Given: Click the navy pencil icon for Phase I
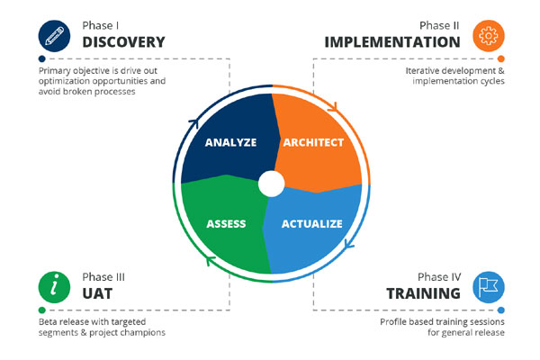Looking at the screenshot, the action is pos(54,36).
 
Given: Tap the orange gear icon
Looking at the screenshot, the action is pos(489,36).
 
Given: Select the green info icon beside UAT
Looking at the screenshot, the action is pos(54,287).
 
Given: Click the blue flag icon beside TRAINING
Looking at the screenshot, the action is pos(489,287).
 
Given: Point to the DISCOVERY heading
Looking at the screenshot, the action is pos(123,42).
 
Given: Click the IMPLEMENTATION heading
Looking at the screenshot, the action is pos(392,42).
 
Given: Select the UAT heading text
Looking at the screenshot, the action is pos(97,293).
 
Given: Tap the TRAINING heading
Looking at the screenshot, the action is pos(423,293).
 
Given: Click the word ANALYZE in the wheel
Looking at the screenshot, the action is pos(230,142).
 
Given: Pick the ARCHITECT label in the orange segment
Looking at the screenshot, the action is pos(313,142).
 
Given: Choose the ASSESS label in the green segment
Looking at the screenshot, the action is pos(226,224).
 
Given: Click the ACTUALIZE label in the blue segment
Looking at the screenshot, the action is pos(312,224).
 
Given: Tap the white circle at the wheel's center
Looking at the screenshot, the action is pos(272,184).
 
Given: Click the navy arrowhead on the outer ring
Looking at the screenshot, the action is pos(194,123).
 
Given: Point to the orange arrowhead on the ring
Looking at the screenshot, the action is pos(332,107).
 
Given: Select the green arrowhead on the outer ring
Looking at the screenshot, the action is pos(211,261).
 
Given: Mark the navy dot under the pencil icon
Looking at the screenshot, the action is pos(42,58).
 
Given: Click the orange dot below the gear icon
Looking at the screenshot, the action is pos(501,58).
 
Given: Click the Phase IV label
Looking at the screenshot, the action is pos(439,277).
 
